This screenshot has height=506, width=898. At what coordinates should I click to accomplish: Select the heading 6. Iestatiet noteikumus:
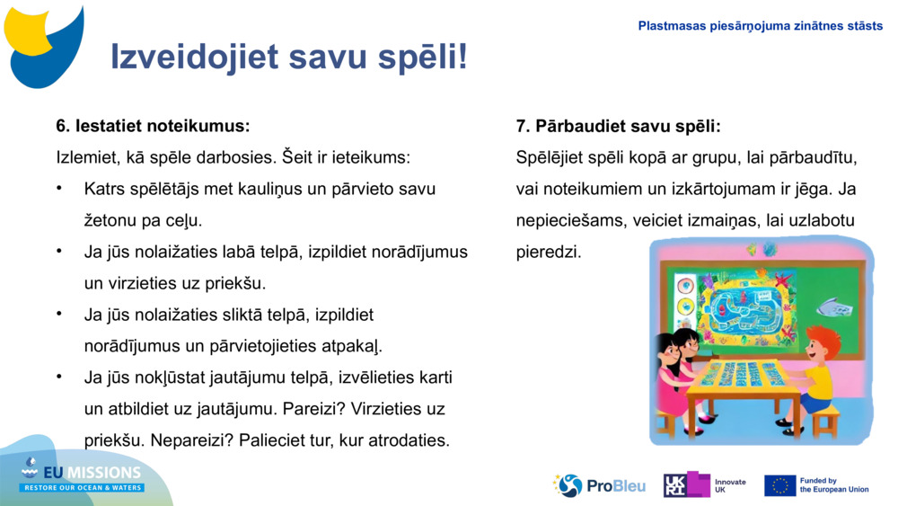point(153,125)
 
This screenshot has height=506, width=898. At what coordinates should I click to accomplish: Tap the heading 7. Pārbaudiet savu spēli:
point(618,126)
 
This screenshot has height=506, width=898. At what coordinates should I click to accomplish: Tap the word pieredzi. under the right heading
point(549,252)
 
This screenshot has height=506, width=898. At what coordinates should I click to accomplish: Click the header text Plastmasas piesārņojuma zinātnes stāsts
point(760,26)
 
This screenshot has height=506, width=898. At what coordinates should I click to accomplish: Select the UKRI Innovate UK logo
point(705,485)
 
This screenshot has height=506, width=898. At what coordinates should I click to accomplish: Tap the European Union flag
point(779,485)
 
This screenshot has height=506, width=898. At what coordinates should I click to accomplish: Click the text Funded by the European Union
point(833,485)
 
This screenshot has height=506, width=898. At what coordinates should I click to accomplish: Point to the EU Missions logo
point(83,476)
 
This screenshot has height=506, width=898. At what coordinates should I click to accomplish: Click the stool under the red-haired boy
point(824,418)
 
